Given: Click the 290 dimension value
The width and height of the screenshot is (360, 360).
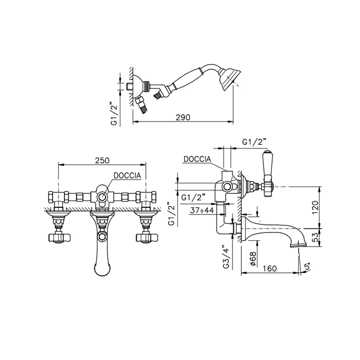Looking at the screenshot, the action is point(183,117).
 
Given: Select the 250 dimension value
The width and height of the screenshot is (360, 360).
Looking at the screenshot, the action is point(102,160).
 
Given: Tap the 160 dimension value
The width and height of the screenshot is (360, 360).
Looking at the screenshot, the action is point(269,268).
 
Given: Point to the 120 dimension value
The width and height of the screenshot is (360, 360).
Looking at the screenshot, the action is point(315,207).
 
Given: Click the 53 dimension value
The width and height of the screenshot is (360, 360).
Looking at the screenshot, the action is point(316,238).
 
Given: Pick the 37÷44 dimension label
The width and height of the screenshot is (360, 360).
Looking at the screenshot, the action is point(202,210).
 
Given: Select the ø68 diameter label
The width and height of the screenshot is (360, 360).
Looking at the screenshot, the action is point(253,259).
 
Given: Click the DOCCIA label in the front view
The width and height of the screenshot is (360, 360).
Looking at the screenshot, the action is point(127,176).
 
